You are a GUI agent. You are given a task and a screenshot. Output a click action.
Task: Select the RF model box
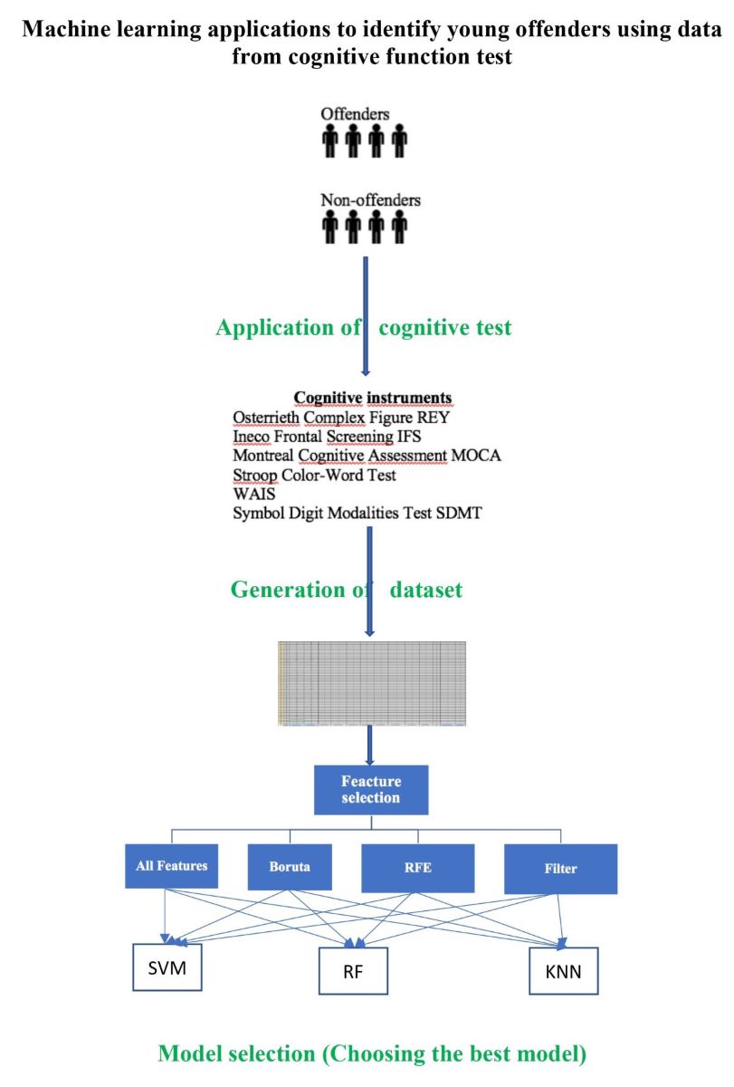coord(353,971)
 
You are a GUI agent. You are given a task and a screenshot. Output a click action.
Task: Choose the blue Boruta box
coord(290,866)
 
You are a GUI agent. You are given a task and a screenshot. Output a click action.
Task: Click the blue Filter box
coord(562,868)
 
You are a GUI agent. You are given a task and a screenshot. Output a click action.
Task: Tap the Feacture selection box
coord(371,789)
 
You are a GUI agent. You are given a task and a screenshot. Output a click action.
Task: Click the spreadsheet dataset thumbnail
coord(371,684)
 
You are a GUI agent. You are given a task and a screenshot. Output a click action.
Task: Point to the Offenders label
coord(355,115)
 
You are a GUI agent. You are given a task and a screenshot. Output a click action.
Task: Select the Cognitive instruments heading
coord(372,399)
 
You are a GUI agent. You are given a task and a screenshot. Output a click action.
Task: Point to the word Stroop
coord(255,475)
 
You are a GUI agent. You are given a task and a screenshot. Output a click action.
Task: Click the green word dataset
coord(426,590)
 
